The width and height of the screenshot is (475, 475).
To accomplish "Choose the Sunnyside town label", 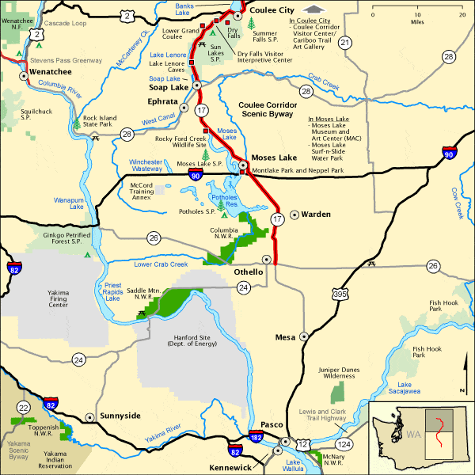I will [120, 416].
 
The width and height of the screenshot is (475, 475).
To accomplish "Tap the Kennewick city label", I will [230, 468].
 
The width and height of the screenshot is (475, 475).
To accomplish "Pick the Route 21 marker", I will [344, 43].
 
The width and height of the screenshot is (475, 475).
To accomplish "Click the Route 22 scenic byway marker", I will [25, 407].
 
